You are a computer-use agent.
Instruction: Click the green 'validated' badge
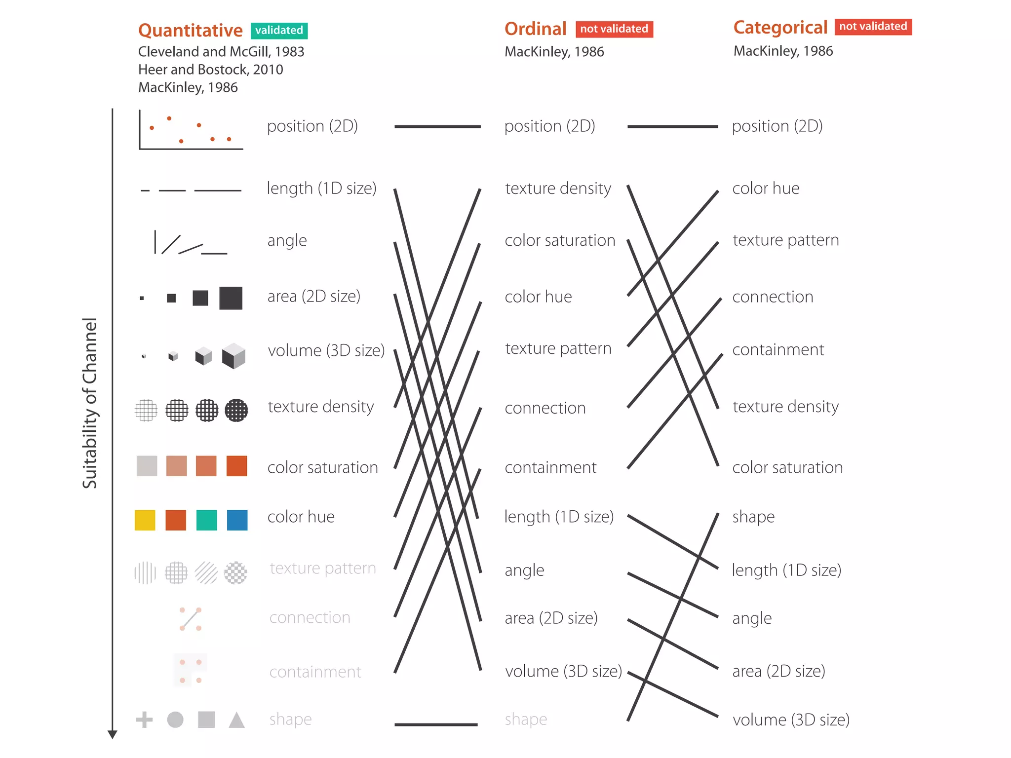[279, 31]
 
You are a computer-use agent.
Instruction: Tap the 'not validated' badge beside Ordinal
[614, 29]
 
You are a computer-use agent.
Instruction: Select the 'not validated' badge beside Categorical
[873, 27]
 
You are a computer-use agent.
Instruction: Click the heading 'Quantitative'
[190, 31]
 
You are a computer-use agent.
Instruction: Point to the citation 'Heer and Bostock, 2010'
[210, 70]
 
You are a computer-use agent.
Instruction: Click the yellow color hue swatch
[145, 520]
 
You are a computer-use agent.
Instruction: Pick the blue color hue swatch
[237, 520]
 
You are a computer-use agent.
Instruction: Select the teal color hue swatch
[206, 520]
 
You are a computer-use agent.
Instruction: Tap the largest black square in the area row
[231, 298]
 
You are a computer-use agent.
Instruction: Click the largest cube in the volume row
[233, 356]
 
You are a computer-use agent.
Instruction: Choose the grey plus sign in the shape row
[144, 720]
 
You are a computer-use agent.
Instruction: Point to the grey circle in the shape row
[175, 720]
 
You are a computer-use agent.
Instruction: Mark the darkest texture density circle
[236, 410]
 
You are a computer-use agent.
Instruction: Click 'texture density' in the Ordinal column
[558, 189]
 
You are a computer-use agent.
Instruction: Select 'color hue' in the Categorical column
[766, 189]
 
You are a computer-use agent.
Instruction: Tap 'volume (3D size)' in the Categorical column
[791, 720]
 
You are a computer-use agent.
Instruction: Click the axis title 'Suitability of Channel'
[89, 403]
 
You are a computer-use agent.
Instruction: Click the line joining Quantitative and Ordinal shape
[436, 724]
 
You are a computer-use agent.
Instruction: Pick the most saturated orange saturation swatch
[236, 466]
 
